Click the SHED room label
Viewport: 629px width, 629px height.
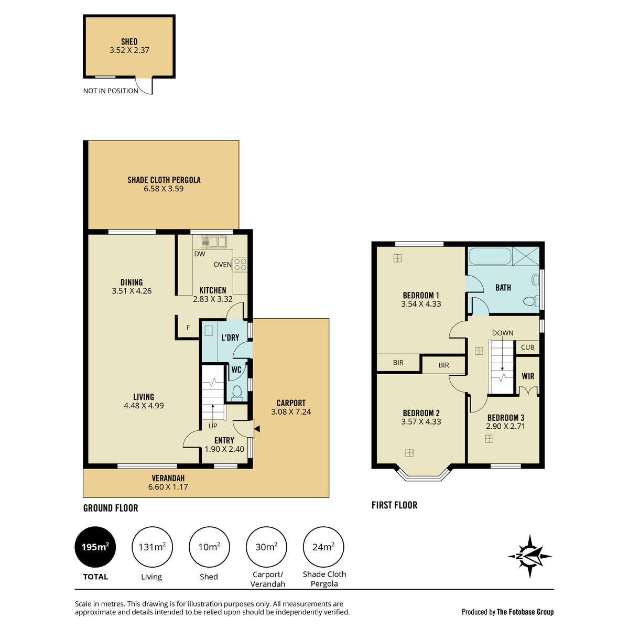129,42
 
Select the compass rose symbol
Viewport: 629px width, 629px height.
530,556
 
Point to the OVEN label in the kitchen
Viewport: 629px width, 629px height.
222,265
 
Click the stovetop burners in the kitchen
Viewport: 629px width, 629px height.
240,264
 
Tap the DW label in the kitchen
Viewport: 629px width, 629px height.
200,254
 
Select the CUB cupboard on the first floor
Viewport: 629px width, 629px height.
527,348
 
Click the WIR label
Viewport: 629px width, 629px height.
528,376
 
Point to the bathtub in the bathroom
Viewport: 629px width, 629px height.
490,256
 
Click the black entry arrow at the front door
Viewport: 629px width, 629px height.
257,429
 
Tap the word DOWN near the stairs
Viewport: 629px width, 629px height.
503,333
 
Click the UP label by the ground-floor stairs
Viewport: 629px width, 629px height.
213,426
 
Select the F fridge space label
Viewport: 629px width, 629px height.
188,328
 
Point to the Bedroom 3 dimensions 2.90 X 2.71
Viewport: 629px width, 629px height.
505,426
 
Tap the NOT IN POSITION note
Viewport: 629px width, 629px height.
111,91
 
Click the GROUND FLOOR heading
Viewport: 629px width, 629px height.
111,508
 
